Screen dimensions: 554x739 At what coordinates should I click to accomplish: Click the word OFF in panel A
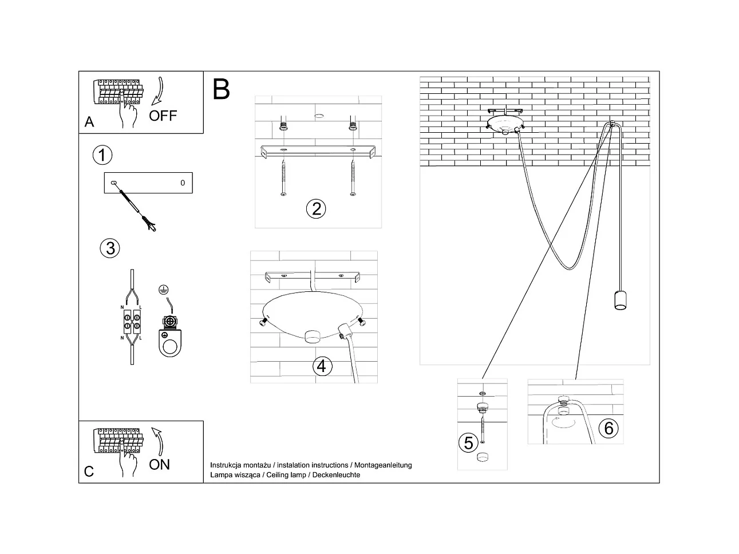coord(163,116)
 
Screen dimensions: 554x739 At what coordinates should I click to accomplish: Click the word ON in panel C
coord(159,464)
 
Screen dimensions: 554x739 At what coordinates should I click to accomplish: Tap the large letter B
coord(221,89)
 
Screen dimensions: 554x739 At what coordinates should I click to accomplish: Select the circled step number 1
coord(102,155)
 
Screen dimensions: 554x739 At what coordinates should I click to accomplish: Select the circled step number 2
coord(316,208)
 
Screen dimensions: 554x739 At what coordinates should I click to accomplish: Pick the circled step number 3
coord(110,248)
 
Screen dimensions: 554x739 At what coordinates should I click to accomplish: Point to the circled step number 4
coord(322,366)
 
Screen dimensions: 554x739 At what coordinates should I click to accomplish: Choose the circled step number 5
coord(468,442)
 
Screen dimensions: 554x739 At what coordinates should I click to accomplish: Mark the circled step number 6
coord(608,428)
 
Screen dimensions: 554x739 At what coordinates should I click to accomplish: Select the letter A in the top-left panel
coord(89,122)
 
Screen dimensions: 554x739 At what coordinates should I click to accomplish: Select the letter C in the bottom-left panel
coord(89,471)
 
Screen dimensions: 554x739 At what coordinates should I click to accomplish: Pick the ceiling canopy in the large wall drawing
coord(504,123)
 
